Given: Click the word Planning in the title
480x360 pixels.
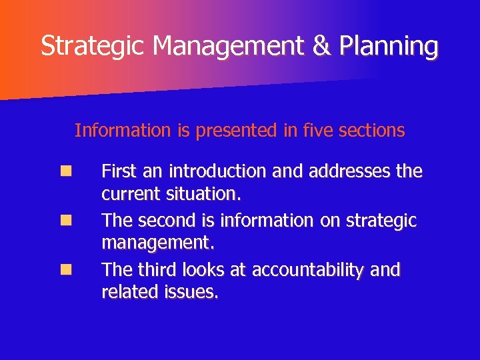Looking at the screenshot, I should click(389, 46).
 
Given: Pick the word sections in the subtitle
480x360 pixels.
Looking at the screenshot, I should click(371, 130).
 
